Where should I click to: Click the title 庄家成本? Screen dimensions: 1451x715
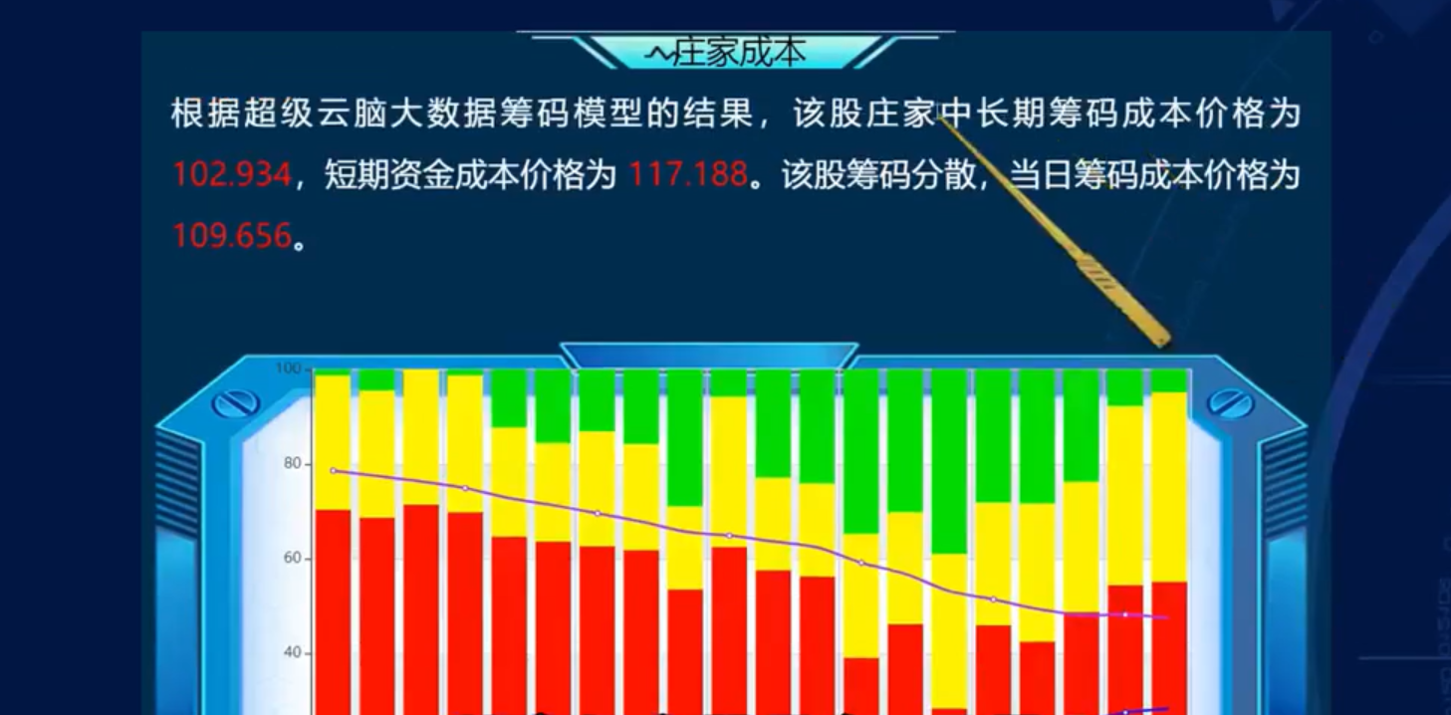(740, 53)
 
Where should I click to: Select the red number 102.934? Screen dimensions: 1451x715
(232, 174)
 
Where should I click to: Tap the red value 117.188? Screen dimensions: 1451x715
(688, 174)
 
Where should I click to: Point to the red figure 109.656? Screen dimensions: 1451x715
(232, 235)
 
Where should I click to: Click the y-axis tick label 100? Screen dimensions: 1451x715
(288, 368)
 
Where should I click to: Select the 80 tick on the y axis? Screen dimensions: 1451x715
(293, 464)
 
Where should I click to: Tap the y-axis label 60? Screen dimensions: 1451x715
(293, 559)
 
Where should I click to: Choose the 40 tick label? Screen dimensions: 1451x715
(293, 653)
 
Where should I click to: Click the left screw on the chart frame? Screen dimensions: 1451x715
(235, 403)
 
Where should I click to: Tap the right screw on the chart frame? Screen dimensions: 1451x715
(1230, 403)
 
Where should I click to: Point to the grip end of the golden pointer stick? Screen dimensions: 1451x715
(1159, 338)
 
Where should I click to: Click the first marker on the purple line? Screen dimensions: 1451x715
(334, 471)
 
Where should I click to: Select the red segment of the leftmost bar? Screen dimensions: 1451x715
(333, 612)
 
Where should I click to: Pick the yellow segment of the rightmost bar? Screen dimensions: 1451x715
(1169, 487)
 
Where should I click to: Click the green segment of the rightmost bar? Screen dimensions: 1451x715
(1169, 381)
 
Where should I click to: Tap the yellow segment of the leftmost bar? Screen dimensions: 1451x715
(333, 443)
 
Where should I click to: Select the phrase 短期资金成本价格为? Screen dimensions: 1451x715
(470, 174)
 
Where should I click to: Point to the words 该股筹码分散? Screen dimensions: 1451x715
(878, 174)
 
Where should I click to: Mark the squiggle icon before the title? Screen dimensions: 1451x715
(659, 56)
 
